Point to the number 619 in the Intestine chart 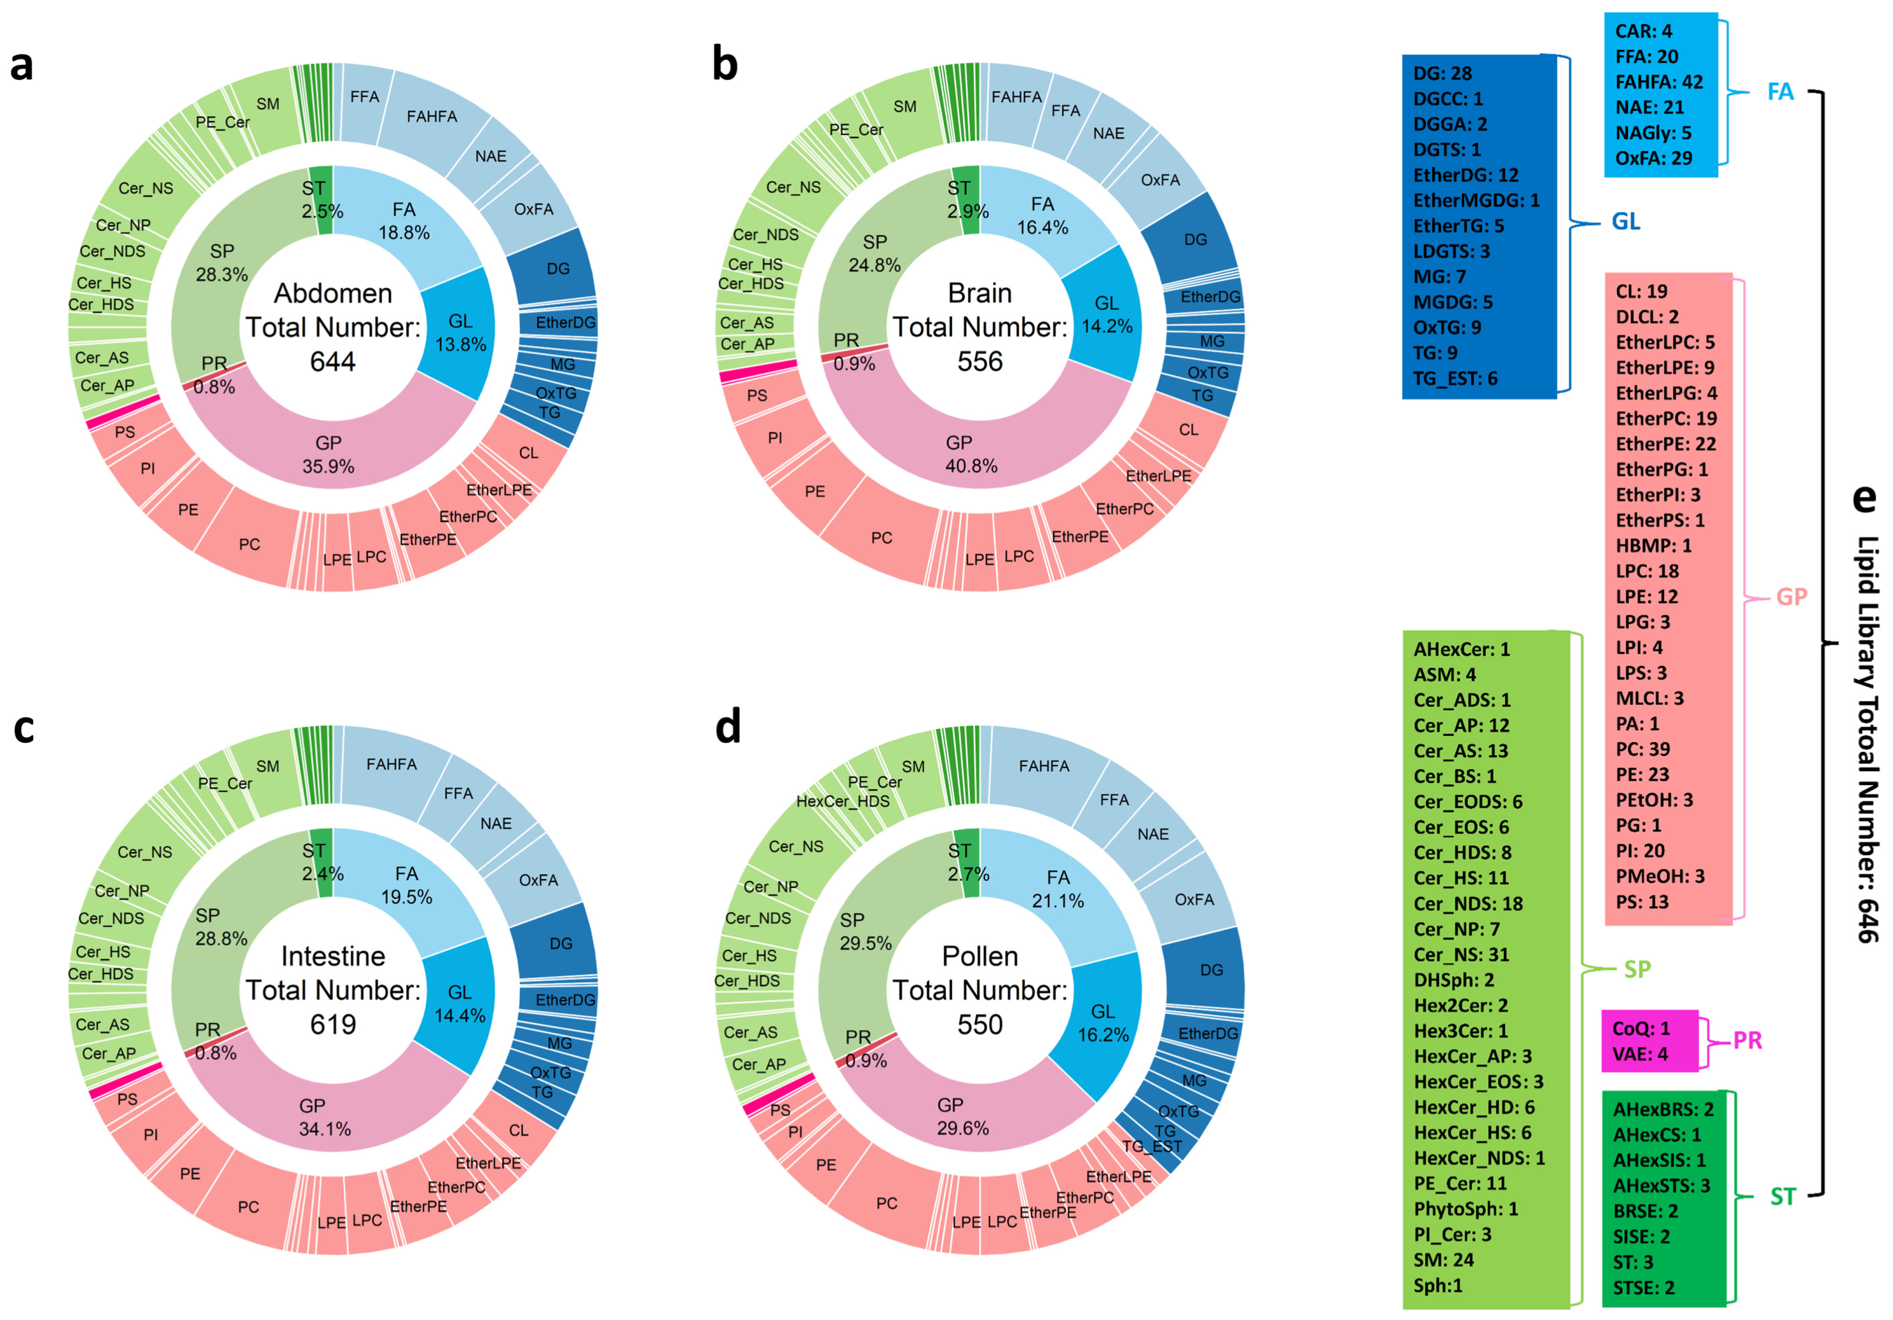click(x=333, y=1024)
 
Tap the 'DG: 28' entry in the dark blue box click(x=1442, y=73)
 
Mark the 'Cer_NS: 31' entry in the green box click(x=1461, y=954)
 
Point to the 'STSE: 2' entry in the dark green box click(x=1643, y=1287)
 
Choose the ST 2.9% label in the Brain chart click(x=966, y=200)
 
